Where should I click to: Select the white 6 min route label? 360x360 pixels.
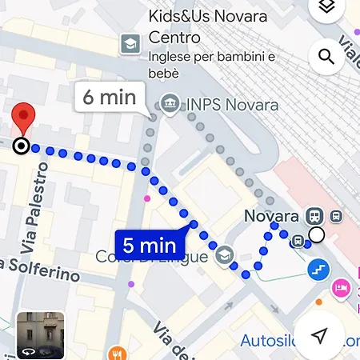[x=110, y=98]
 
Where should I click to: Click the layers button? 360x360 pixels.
[x=326, y=8]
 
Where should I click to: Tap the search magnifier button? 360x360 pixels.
[x=326, y=57]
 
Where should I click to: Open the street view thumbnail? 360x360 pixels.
[x=40, y=335]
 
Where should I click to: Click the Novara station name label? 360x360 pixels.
[x=270, y=216]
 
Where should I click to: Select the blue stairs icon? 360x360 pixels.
[x=318, y=270]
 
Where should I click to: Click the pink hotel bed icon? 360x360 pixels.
[x=340, y=286]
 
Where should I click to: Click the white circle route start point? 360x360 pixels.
[x=317, y=234]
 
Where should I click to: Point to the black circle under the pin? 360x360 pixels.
[x=21, y=146]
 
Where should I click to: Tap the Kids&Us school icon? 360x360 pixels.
[x=130, y=43]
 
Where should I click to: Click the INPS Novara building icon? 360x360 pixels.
[x=170, y=103]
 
